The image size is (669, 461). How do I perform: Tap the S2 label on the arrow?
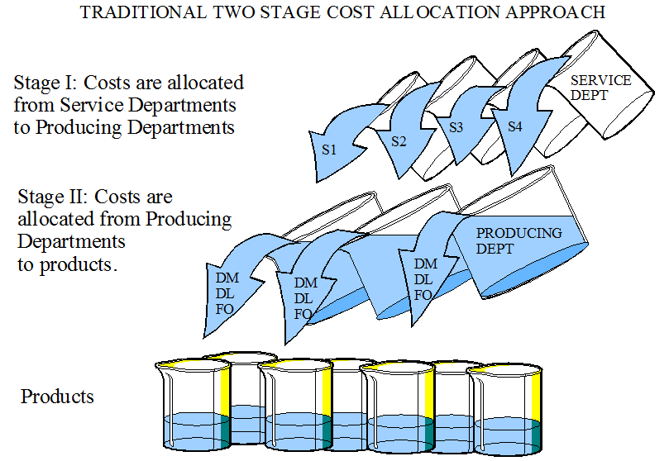[399, 140]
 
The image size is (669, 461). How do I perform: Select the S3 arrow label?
[456, 128]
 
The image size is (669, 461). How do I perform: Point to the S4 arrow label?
[514, 126]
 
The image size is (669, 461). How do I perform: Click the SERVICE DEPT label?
[601, 88]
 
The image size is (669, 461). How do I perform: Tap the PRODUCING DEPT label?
[518, 240]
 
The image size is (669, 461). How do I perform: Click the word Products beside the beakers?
[58, 397]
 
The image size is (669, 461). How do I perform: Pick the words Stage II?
[52, 197]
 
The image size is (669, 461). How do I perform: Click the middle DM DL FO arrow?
[307, 298]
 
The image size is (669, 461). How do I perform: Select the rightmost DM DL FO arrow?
[424, 279]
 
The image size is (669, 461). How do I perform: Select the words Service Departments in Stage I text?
[149, 106]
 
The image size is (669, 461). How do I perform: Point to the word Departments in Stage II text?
[71, 242]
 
